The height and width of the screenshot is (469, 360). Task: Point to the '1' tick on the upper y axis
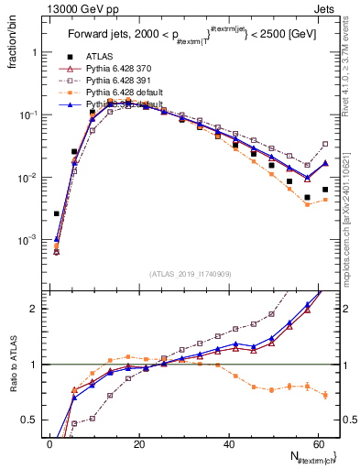tap(36, 52)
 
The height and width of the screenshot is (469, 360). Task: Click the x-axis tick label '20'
tap(139, 442)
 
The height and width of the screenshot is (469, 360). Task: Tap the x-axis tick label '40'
tap(229, 442)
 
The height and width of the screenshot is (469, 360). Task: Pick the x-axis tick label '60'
tap(318, 442)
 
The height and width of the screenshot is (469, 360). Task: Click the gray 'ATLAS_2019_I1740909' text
tap(190, 274)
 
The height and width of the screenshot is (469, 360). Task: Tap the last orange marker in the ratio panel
tap(325, 395)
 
